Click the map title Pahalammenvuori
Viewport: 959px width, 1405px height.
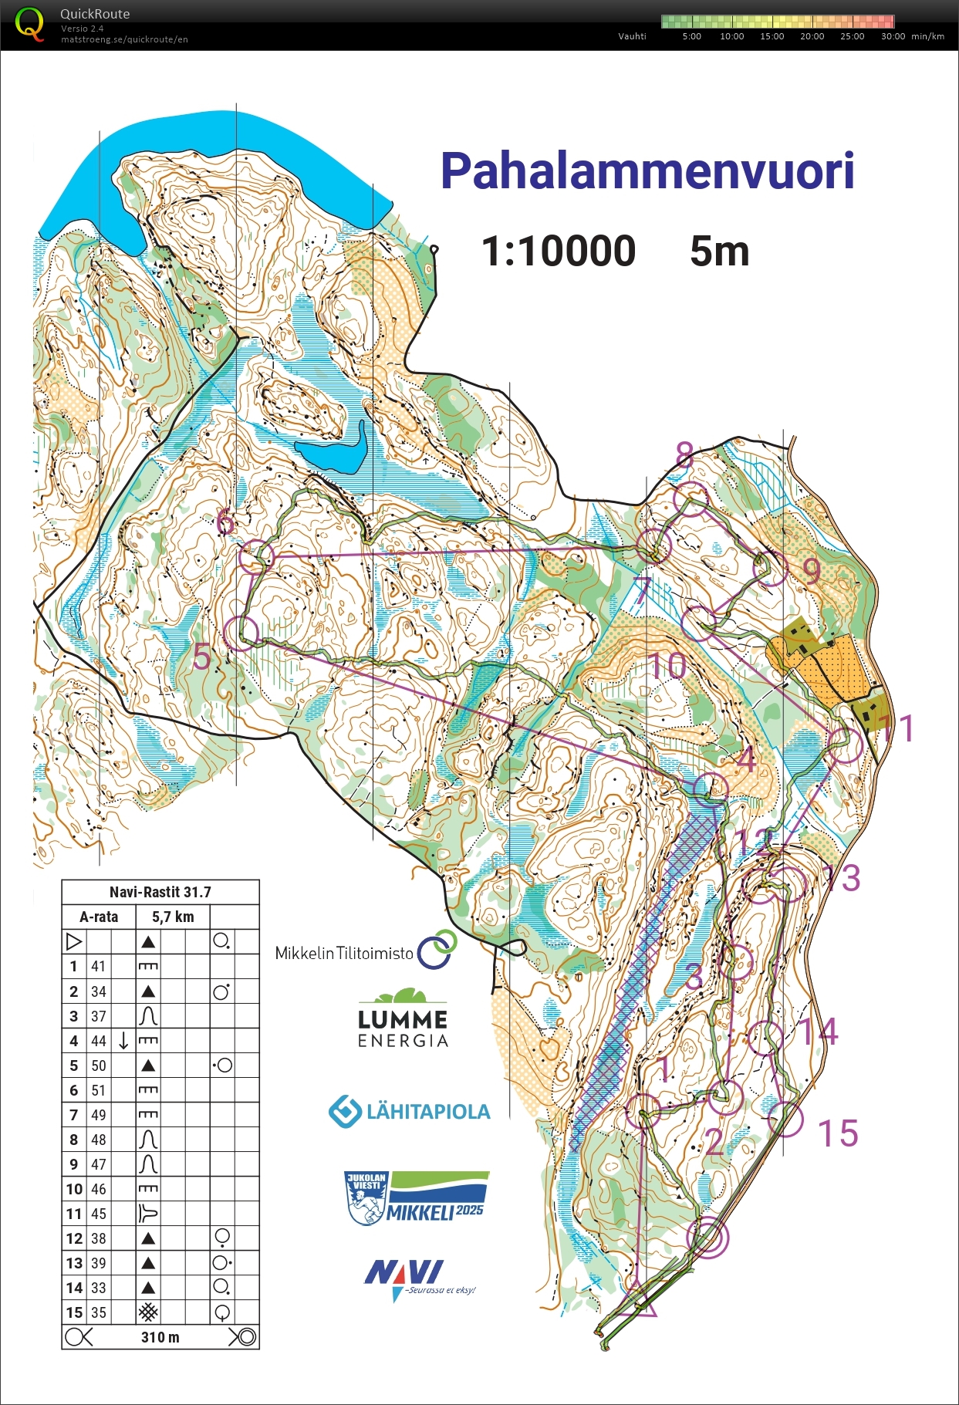click(647, 171)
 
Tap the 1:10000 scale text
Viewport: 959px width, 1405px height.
click(558, 252)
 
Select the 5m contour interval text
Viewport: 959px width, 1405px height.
click(719, 252)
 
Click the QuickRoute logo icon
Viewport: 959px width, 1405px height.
click(29, 24)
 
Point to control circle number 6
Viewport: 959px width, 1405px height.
click(256, 556)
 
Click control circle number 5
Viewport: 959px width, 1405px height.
click(241, 633)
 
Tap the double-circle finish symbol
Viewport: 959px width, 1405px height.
click(707, 1237)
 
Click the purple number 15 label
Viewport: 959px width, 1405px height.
click(838, 1133)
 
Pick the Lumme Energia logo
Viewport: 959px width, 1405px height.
click(403, 1018)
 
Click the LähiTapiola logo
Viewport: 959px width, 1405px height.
click(410, 1112)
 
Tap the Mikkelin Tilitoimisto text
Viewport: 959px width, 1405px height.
click(344, 954)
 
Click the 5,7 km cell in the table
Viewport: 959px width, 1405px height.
click(173, 917)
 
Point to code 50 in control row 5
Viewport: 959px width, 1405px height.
click(99, 1066)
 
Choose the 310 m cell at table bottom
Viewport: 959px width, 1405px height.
click(160, 1337)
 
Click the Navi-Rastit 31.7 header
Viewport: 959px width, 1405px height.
click(160, 892)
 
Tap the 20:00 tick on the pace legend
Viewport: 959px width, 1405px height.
click(812, 36)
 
